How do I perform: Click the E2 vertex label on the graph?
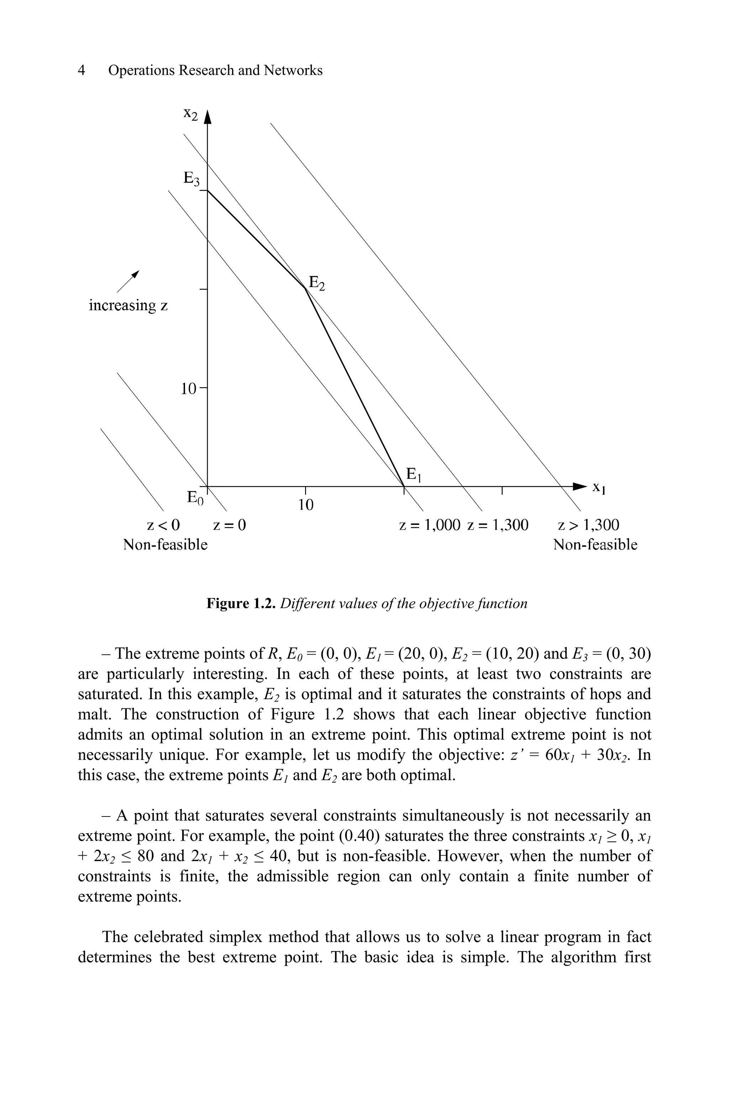click(316, 283)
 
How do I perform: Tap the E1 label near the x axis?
click(414, 475)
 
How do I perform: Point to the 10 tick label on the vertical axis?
click(189, 389)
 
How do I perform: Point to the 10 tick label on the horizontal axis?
click(305, 505)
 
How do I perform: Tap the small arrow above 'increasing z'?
click(128, 281)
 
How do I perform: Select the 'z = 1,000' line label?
click(430, 525)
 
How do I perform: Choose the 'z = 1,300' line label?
click(498, 525)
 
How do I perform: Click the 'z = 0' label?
click(229, 525)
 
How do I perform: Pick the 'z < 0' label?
click(163, 525)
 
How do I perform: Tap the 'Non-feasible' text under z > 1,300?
click(595, 545)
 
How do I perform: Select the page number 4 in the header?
click(82, 71)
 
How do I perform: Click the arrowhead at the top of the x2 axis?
click(208, 117)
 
